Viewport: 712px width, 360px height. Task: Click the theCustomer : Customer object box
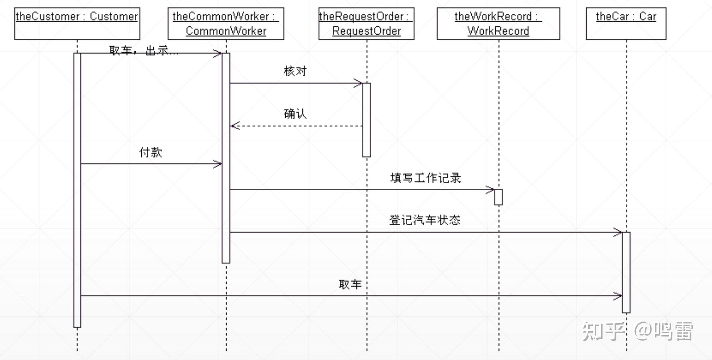click(x=77, y=23)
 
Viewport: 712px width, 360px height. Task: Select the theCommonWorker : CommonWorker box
click(x=226, y=23)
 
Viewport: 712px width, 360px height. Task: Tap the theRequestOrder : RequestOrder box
click(x=366, y=23)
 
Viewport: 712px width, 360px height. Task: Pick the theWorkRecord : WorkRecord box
click(x=498, y=23)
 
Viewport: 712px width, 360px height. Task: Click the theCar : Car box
click(x=626, y=23)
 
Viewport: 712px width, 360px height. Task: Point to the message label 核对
click(x=295, y=71)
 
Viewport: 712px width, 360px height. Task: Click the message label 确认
click(x=295, y=114)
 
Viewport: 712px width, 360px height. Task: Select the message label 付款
click(x=151, y=152)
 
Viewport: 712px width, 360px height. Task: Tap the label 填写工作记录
click(x=425, y=178)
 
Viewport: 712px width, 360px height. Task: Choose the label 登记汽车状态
click(x=425, y=220)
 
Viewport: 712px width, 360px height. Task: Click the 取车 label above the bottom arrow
click(x=350, y=284)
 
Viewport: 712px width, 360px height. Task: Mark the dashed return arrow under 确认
click(x=296, y=126)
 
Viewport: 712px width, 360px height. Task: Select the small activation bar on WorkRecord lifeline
click(x=498, y=197)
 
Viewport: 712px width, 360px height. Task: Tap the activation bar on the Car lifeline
click(x=626, y=272)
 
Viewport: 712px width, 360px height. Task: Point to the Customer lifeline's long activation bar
click(x=77, y=190)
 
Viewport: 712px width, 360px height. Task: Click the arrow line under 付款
click(x=151, y=164)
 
